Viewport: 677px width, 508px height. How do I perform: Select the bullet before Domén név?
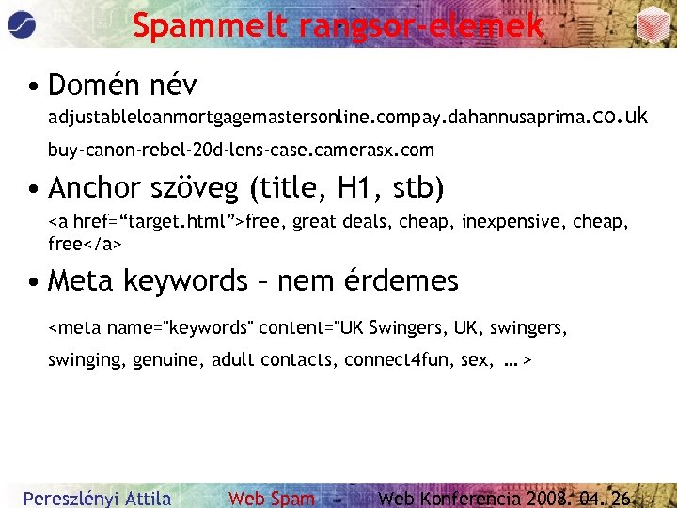point(33,87)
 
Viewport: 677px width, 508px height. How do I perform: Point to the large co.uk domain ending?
point(621,117)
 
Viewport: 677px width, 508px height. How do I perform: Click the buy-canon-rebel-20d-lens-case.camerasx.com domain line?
point(241,150)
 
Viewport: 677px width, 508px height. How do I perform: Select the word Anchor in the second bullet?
point(99,188)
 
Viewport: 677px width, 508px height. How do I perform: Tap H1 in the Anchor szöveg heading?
point(359,188)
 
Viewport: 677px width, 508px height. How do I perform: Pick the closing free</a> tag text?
point(85,244)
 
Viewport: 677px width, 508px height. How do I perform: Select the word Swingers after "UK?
point(406,328)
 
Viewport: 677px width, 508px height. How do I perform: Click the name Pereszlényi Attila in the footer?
point(97,498)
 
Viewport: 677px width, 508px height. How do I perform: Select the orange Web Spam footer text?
point(272,498)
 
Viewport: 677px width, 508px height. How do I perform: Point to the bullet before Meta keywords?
point(33,281)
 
